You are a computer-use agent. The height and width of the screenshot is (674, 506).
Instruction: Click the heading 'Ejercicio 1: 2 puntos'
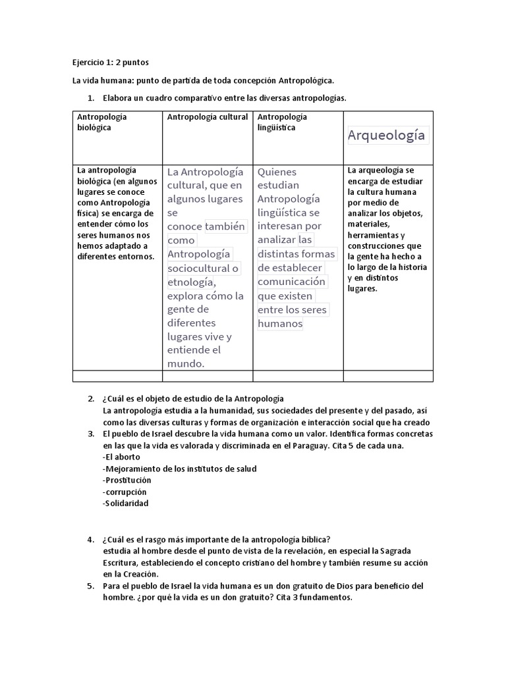pos(110,63)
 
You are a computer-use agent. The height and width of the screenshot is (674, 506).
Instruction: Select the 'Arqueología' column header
pos(387,136)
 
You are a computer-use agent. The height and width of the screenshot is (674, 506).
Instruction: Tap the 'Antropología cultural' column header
pos(207,117)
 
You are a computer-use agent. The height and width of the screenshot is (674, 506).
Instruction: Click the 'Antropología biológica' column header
pos(102,122)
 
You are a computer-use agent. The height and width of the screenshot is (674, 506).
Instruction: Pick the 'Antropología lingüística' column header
pos(282,122)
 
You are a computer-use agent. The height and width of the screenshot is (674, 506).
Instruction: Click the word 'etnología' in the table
pos(190,282)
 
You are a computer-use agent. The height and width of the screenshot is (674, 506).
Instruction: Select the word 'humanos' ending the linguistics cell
pos(280,323)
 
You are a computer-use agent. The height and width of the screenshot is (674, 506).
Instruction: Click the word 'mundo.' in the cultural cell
pos(186,363)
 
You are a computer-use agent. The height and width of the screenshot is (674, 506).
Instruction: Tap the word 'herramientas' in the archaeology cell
pos(374,235)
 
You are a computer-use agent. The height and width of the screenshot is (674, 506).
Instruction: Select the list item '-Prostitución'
pos(127,480)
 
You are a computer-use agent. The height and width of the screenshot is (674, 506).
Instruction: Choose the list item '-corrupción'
pos(125,492)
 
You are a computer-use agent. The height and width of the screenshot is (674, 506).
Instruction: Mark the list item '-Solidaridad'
pos(126,504)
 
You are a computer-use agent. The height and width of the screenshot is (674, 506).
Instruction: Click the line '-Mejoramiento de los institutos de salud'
pos(179,469)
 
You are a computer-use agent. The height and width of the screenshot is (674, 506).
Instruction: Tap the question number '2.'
pos(91,399)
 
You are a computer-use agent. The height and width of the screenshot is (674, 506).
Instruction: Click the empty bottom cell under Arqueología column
pos(388,376)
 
